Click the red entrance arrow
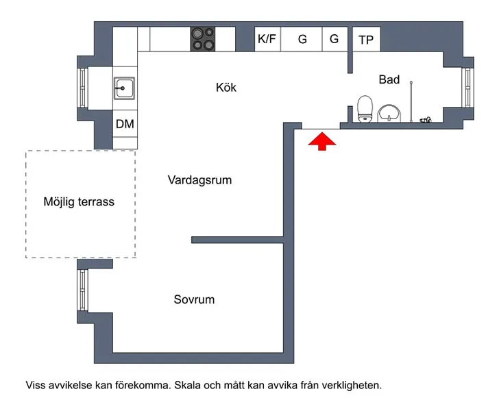click(x=322, y=141)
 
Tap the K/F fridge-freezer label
click(x=267, y=39)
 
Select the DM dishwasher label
click(x=125, y=124)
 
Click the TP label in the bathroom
click(x=366, y=40)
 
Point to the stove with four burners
click(x=203, y=39)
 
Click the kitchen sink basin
click(x=124, y=88)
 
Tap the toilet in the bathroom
click(x=365, y=109)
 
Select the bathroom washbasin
click(x=389, y=113)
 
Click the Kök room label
click(x=226, y=88)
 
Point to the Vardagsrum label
click(x=199, y=180)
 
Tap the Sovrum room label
click(x=194, y=299)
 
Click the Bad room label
click(x=389, y=79)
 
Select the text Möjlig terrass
click(x=79, y=201)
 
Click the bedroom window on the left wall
click(x=82, y=290)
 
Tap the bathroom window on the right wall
click(x=467, y=88)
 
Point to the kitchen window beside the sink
click(x=82, y=88)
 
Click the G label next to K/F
click(x=302, y=39)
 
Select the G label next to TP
click(x=334, y=39)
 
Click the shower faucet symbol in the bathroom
click(x=426, y=120)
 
